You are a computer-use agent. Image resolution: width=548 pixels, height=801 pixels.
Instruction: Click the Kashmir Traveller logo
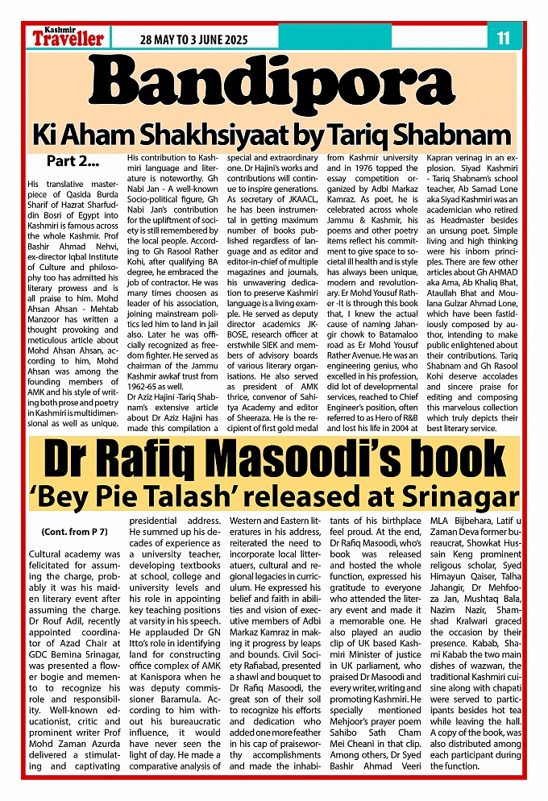click(x=68, y=36)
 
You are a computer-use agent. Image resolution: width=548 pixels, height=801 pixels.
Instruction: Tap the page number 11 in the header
click(x=504, y=37)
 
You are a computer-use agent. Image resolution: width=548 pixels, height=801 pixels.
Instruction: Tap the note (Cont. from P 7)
click(x=73, y=533)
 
